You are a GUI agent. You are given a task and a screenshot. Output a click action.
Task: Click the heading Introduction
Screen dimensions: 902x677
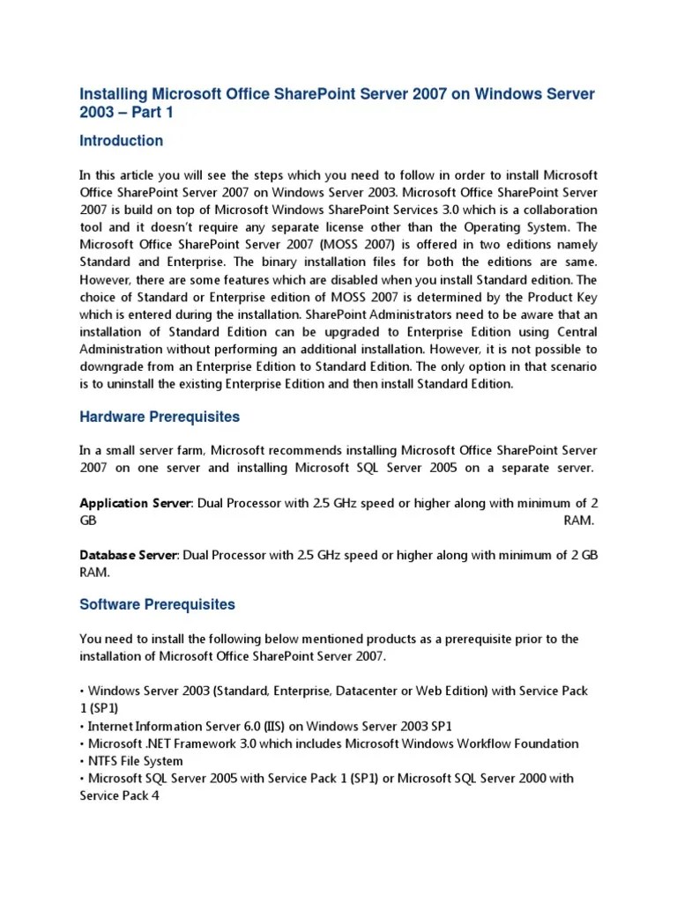tap(121, 141)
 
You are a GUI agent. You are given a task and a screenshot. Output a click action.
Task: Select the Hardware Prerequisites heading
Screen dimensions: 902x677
tap(160, 417)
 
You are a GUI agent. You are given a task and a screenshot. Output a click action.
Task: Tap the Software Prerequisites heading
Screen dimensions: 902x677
tap(158, 604)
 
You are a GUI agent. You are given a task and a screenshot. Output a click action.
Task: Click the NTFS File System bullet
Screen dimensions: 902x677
tap(134, 761)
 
